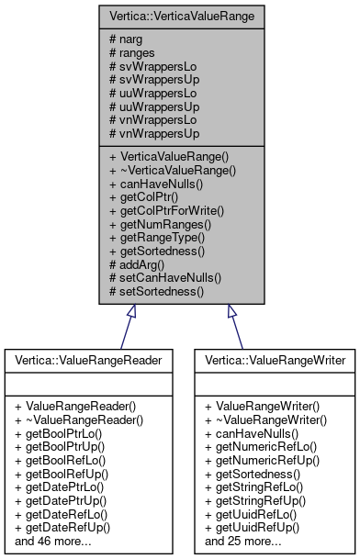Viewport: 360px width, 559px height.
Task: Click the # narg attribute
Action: [x=126, y=40]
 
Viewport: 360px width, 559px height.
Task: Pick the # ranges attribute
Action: [x=132, y=53]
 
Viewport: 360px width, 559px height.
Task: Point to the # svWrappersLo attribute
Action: [x=148, y=66]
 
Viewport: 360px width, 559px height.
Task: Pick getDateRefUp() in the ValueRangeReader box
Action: [x=62, y=527]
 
